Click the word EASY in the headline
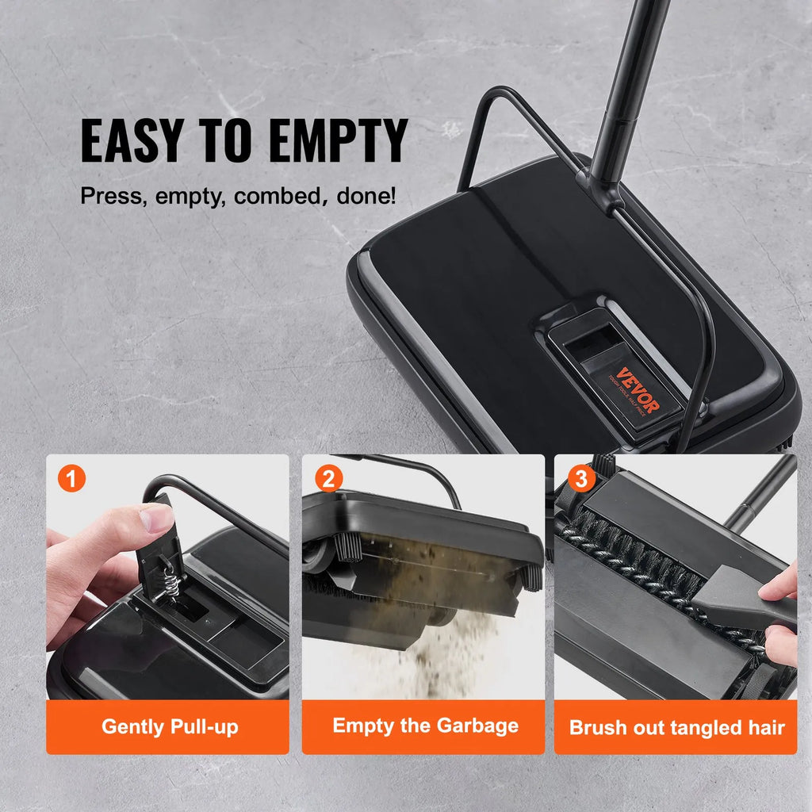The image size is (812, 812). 131,141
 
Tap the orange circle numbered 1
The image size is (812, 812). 72,479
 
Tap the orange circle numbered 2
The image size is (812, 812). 328,479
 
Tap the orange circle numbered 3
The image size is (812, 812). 582,479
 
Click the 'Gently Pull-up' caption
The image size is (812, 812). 169,726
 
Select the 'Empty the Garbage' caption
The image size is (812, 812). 425,726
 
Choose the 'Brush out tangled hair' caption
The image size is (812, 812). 676,727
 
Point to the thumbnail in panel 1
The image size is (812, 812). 156,519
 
